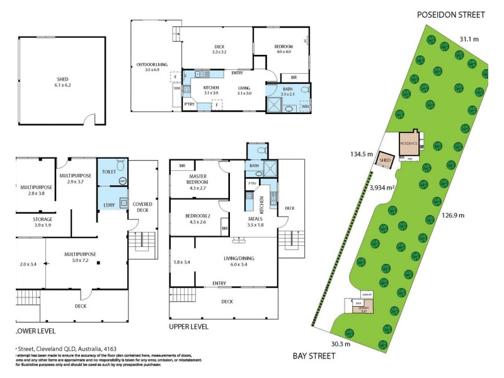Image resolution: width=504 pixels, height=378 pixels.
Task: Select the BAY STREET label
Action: [314, 356]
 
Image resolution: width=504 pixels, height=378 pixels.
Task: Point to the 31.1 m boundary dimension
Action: [469, 39]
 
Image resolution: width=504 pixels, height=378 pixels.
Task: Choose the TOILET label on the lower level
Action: [108, 171]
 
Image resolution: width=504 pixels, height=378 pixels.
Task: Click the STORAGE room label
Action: [33, 219]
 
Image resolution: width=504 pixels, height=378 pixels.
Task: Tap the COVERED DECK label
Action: [142, 209]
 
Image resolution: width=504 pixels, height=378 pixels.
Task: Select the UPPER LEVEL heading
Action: [188, 327]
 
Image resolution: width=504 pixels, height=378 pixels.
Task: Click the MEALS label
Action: [255, 219]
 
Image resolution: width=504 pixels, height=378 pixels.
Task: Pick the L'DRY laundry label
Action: [107, 205]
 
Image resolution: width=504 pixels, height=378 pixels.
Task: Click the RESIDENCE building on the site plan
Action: [409, 143]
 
